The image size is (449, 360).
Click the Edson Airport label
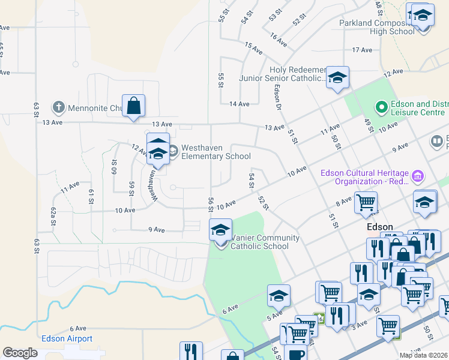[x=67, y=338]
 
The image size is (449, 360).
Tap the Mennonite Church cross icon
[x=58, y=108]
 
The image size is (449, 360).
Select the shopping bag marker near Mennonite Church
[x=133, y=106]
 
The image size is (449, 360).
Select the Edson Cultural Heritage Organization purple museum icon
[x=418, y=176]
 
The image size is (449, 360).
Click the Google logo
[x=20, y=353]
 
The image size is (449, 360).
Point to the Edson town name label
[x=380, y=227]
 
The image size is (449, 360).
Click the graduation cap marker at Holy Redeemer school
[x=337, y=77]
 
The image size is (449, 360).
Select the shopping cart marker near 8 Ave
[x=365, y=203]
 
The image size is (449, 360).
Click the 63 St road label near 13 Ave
[x=37, y=109]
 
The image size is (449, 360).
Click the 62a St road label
[x=53, y=214]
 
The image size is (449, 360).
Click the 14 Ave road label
[x=239, y=104]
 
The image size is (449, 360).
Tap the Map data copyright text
[x=424, y=355]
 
